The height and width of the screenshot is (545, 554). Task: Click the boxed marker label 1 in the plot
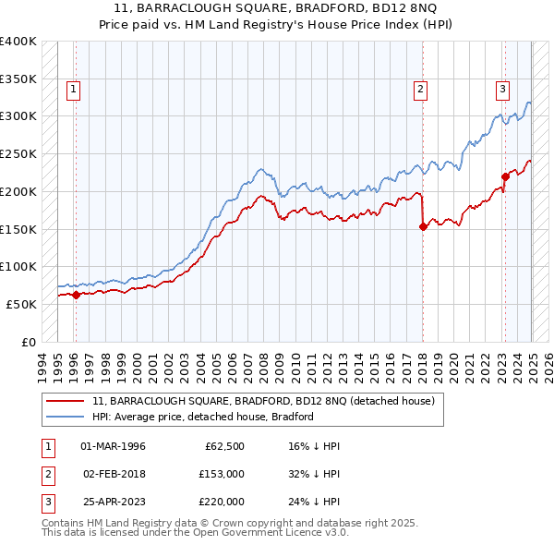pos(73,90)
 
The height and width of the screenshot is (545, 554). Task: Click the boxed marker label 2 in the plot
pos(420,90)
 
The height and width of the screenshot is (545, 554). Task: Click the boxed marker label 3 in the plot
pos(502,90)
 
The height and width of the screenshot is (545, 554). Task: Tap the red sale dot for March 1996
pos(76,295)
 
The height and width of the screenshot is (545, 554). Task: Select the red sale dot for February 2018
pos(423,226)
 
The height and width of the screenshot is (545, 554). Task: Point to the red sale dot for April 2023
pos(505,176)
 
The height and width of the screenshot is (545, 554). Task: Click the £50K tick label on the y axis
pos(22,304)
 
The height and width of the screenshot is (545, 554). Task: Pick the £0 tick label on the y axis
pos(30,342)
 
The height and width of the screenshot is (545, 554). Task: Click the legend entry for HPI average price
pos(202,417)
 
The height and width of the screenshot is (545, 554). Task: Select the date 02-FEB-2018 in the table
pos(114,475)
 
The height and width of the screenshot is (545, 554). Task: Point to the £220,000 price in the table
pos(222,502)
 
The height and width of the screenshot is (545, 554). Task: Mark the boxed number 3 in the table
pos(46,502)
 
